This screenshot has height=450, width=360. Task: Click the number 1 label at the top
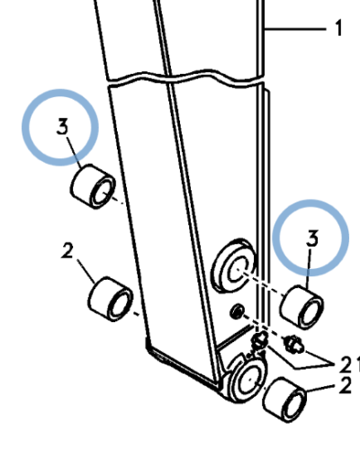(338, 28)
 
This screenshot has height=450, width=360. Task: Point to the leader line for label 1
(294, 29)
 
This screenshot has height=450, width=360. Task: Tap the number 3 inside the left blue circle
(62, 126)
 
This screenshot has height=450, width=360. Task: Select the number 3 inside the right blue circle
(312, 238)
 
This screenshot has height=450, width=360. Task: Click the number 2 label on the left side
(67, 251)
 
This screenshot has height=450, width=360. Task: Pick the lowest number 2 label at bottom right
(345, 386)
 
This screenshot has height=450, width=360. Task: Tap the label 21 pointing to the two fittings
(349, 364)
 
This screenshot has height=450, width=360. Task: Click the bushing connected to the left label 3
(93, 186)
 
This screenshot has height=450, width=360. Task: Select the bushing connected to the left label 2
(111, 300)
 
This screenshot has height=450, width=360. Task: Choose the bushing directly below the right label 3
(301, 308)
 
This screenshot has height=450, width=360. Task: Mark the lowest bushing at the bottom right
(284, 400)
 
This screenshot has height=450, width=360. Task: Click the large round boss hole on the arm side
(233, 265)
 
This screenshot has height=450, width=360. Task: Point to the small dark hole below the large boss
(238, 312)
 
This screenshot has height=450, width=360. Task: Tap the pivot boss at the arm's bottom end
(247, 379)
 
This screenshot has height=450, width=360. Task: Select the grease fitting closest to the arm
(260, 341)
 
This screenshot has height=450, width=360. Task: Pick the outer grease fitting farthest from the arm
(294, 344)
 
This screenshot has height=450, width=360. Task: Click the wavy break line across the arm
(185, 77)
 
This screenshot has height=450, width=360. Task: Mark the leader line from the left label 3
(74, 152)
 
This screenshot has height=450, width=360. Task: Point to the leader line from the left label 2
(86, 271)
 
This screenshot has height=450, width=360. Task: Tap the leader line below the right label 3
(309, 269)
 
